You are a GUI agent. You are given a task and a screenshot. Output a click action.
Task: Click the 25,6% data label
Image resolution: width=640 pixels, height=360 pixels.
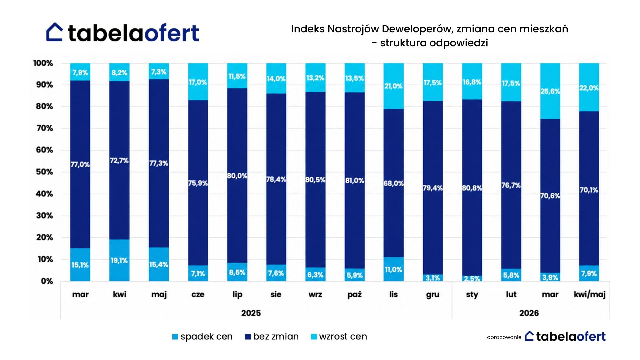(x=550, y=91)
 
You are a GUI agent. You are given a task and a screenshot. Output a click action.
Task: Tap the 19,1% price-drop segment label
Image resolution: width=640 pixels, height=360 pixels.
(x=119, y=260)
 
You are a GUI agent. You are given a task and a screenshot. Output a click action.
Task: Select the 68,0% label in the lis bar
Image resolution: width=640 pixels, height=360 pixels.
(x=393, y=183)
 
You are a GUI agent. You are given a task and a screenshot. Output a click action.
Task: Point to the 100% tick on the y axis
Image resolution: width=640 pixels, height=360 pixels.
(x=43, y=63)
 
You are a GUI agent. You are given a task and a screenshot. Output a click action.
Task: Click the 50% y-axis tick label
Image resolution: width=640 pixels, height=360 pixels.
(x=45, y=172)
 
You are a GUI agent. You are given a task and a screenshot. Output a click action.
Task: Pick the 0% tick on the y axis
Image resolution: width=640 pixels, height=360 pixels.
(x=47, y=281)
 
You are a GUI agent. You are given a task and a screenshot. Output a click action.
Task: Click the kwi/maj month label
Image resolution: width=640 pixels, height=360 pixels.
(x=589, y=295)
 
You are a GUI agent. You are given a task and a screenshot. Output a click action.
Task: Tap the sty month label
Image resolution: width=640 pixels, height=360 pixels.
(x=472, y=295)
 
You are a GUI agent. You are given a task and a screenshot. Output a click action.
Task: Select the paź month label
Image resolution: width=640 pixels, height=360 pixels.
(x=354, y=294)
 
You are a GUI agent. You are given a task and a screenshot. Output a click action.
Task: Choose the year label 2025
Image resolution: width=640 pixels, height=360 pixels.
(x=251, y=313)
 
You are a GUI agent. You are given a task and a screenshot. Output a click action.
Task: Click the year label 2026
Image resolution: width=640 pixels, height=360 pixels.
(x=529, y=313)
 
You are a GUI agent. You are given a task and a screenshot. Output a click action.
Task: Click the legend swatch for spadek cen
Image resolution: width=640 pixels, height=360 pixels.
(x=175, y=337)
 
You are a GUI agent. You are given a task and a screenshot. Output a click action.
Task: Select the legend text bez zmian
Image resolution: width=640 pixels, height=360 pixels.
(x=276, y=337)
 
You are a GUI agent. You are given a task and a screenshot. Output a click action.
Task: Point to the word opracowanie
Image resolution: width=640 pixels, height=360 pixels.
(x=504, y=337)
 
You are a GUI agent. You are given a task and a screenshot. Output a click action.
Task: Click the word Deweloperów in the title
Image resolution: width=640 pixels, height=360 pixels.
(x=418, y=29)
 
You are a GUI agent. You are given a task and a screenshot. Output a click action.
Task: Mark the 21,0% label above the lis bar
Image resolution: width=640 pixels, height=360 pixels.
(x=393, y=86)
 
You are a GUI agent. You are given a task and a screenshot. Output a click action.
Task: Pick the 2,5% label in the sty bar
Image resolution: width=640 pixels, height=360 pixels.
(x=472, y=278)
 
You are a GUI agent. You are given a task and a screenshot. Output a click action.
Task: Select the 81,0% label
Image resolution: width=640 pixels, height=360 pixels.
(x=354, y=181)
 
